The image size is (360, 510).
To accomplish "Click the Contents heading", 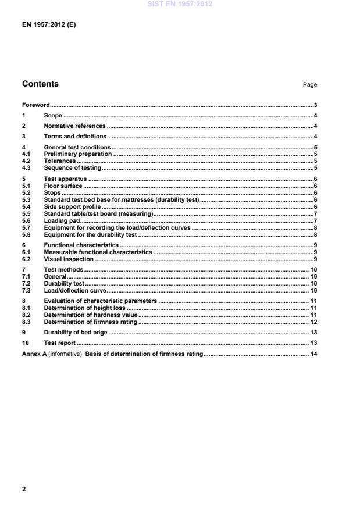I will coord(40,84).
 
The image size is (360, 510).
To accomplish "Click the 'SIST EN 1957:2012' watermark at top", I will coord(180,4).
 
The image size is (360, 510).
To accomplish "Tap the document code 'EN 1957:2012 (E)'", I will coord(49,24).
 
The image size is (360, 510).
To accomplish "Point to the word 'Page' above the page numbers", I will coord(309,85).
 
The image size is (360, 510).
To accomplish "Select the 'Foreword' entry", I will coord(35,105).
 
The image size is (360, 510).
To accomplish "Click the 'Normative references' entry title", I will coord(74,126).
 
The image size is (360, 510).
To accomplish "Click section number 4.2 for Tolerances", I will coord(26,161).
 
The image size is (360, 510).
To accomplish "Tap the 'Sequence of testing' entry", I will coord(73,167).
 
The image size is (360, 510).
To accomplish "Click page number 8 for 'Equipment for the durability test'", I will coord(315,235).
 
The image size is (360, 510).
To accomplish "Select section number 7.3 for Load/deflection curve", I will coord(26,290).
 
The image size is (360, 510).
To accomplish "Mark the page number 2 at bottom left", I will coord(24,488).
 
